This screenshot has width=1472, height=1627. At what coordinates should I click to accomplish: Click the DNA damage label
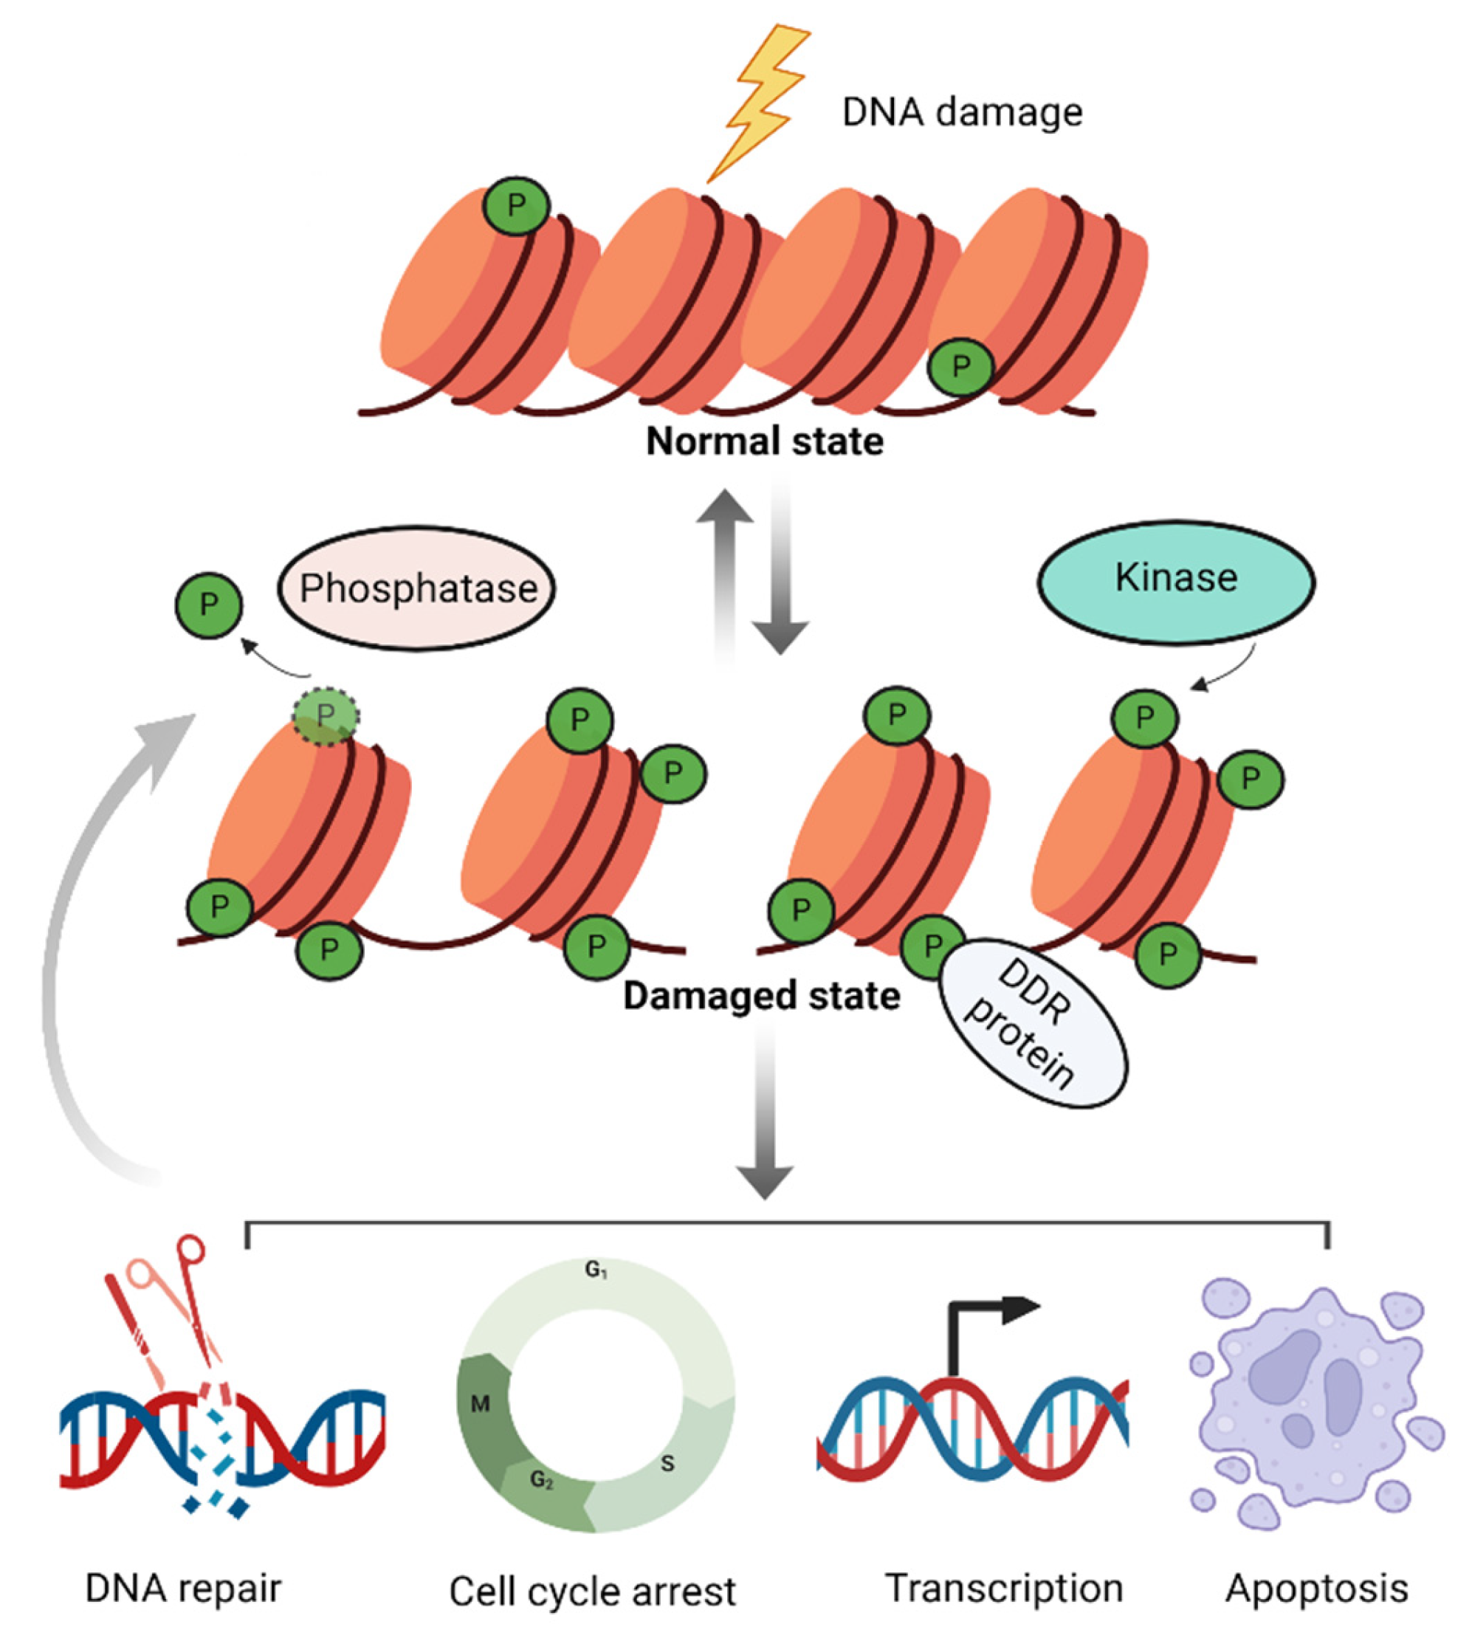pos(961,112)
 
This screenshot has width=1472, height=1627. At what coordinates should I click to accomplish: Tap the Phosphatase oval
pos(416,589)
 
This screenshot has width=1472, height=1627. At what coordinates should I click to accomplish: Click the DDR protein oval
pos(1034,1021)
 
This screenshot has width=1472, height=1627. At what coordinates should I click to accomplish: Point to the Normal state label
pos(764,441)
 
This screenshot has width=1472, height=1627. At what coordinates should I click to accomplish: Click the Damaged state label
pos(761,996)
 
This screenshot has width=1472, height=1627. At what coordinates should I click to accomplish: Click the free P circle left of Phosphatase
pos(208,605)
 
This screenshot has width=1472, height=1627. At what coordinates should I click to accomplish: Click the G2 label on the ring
pos(542,1480)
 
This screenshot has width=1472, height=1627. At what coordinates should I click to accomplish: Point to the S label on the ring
pos(667,1463)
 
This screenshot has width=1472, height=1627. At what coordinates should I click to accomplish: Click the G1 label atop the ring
pos(596,1270)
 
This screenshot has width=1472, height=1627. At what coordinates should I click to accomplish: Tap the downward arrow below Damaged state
pos(764,1130)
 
